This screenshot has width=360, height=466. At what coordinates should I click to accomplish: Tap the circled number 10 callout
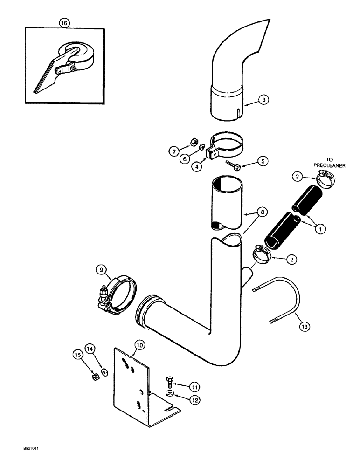coord(127,344)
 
